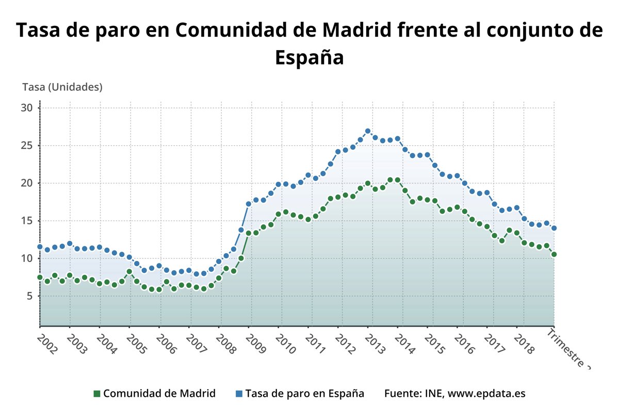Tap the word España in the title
pos(309,57)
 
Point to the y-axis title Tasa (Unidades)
pos(62,87)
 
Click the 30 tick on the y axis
pos(27,108)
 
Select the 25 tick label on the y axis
pos(27,146)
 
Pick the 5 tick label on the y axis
pos(29,296)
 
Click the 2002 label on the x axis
pos(47,343)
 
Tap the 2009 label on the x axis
pos(256,343)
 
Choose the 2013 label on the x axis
pos(376,343)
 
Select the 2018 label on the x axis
pos(525,343)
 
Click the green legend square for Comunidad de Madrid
pos(96,394)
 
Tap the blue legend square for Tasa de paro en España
pos(239,394)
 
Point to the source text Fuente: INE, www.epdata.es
pos(455,393)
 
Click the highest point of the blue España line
pos(368,131)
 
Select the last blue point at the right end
pos(554,228)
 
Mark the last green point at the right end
pos(554,254)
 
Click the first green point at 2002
pos(40,277)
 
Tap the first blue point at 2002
pos(40,247)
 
